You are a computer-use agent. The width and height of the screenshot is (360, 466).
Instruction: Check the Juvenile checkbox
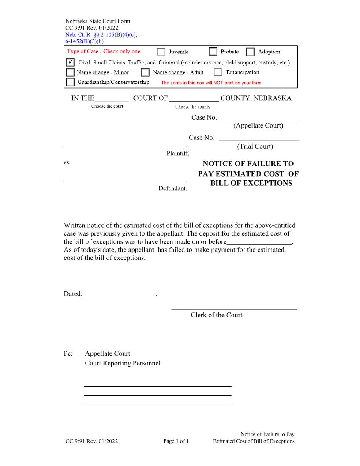tap(161, 52)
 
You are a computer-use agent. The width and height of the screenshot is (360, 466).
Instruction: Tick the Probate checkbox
tap(213, 52)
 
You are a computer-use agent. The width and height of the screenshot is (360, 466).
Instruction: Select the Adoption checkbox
tap(250, 52)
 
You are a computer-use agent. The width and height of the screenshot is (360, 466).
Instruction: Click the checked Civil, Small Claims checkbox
tap(70, 62)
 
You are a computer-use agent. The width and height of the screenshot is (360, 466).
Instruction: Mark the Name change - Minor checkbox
tap(70, 72)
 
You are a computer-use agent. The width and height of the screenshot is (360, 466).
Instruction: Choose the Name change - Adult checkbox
tap(145, 72)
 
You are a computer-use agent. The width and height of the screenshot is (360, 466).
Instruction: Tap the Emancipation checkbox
tap(218, 72)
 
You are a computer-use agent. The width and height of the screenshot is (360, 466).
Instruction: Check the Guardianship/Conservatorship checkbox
tap(70, 82)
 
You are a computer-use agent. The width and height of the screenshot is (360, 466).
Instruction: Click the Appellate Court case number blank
tap(259, 117)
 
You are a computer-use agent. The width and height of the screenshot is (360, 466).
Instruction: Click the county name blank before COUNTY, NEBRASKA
tap(194, 98)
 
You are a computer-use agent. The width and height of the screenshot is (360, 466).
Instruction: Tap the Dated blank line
tap(119, 293)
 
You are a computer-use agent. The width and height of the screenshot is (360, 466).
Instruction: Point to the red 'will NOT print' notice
tap(212, 83)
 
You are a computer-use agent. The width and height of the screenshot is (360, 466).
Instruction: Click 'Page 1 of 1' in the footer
tap(176, 441)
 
